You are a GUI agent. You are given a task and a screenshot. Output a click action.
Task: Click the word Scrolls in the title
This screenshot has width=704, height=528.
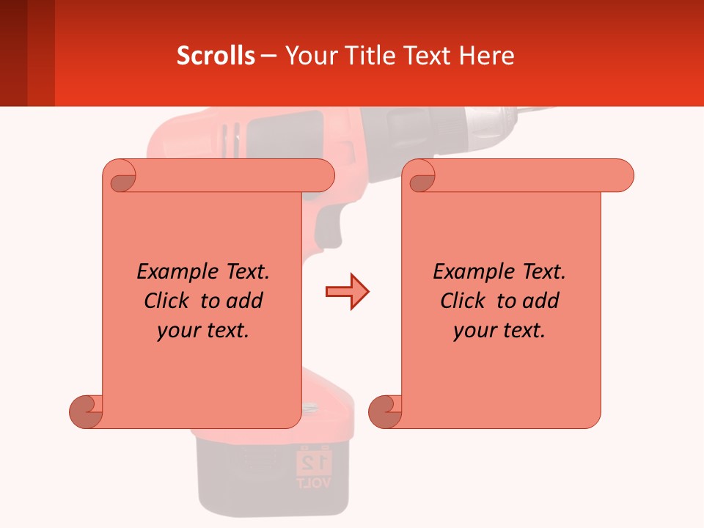(x=216, y=56)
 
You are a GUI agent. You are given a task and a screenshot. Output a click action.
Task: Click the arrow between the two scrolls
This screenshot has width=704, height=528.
(x=347, y=292)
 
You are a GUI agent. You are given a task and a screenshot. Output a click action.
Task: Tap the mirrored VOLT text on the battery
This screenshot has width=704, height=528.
(x=315, y=483)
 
